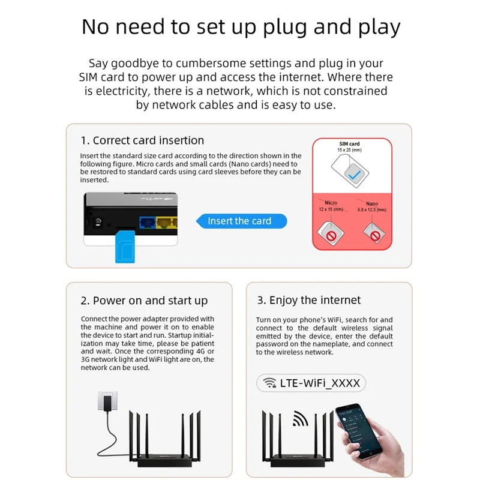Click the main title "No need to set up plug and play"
[x=241, y=27]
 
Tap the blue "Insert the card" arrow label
[x=241, y=221]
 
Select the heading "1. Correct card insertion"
[x=142, y=140]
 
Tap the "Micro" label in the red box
[x=331, y=203]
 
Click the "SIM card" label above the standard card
[x=350, y=144]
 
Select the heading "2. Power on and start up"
[x=144, y=301]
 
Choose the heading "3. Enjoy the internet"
[x=309, y=300]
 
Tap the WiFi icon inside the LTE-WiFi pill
[x=270, y=383]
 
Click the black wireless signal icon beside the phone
[x=300, y=418]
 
